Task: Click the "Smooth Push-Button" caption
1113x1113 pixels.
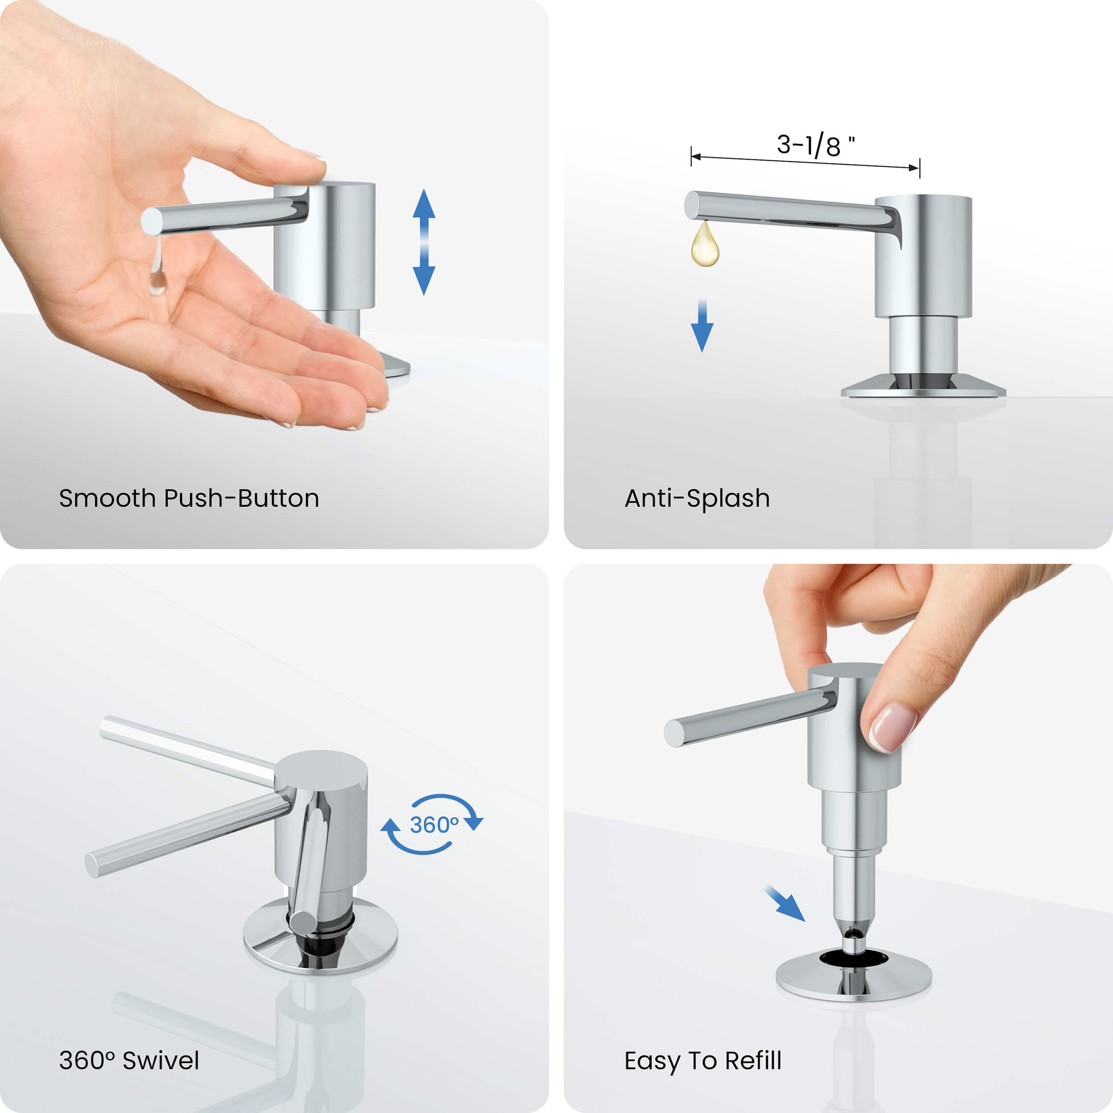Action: coord(189,498)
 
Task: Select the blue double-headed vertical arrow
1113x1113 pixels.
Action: coord(424,242)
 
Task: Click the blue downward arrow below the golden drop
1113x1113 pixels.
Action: coord(702,325)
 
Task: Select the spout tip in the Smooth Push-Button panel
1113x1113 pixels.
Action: coord(151,222)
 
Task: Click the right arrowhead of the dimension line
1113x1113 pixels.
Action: coord(914,168)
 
